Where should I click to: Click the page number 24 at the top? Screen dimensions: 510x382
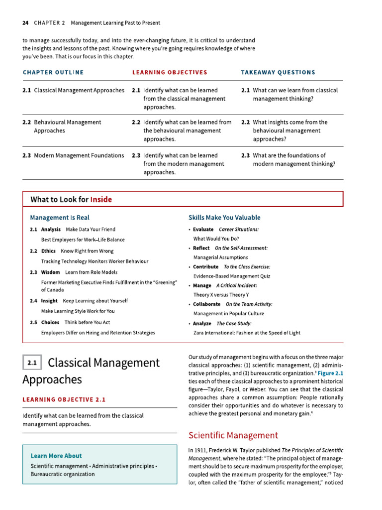pos(25,23)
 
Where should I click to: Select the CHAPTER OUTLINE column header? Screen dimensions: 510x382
pos(53,73)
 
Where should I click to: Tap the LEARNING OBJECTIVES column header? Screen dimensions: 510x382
pos(170,73)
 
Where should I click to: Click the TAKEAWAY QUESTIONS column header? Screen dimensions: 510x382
pos(278,73)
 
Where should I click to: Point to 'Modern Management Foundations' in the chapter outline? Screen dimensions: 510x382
pos(79,155)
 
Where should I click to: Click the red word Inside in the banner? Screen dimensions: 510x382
pos(101,200)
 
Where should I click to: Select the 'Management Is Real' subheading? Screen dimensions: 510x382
pos(60,218)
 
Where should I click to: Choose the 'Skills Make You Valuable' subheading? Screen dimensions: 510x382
pos(224,218)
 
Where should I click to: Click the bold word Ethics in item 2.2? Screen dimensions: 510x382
pos(48,251)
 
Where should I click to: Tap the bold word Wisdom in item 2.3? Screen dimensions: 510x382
pos(50,272)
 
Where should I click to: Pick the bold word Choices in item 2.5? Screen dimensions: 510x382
pos(50,322)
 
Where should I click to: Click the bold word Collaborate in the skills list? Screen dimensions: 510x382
pos(206,304)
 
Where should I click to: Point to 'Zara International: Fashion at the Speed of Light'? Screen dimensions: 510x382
pos(247,333)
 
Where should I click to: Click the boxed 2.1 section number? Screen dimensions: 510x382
pos(32,363)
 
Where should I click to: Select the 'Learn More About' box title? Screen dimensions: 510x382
pos(56,456)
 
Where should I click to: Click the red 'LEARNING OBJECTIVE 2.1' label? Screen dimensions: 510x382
pos(64,399)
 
